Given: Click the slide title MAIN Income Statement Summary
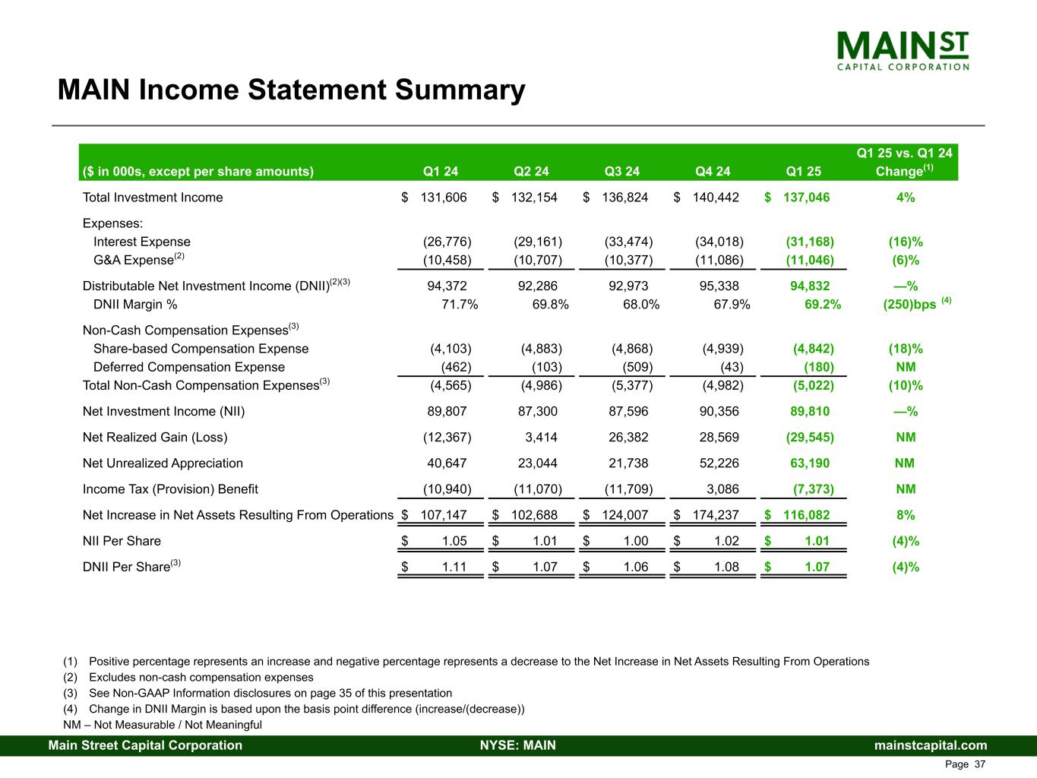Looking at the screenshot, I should click(291, 90).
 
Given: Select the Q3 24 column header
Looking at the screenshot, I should click(621, 171).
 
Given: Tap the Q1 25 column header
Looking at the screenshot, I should click(804, 171).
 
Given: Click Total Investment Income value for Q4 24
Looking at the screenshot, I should click(715, 198).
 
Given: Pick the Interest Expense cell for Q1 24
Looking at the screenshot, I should click(447, 242).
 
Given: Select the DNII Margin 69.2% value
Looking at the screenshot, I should click(822, 305).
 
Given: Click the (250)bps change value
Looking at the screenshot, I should click(910, 305).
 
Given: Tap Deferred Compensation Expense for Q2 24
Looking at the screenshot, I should click(546, 367).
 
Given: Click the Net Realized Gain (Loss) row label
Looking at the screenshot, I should click(155, 437).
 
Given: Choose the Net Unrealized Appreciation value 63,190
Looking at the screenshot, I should click(810, 463).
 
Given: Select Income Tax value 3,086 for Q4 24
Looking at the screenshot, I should click(721, 489).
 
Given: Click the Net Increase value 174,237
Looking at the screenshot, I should click(715, 515).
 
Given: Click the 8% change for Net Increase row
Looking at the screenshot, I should click(906, 515).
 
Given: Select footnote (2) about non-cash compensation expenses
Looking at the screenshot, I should click(188, 677).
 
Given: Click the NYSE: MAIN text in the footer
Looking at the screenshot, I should click(518, 745).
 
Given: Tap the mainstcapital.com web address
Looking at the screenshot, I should click(931, 745).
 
